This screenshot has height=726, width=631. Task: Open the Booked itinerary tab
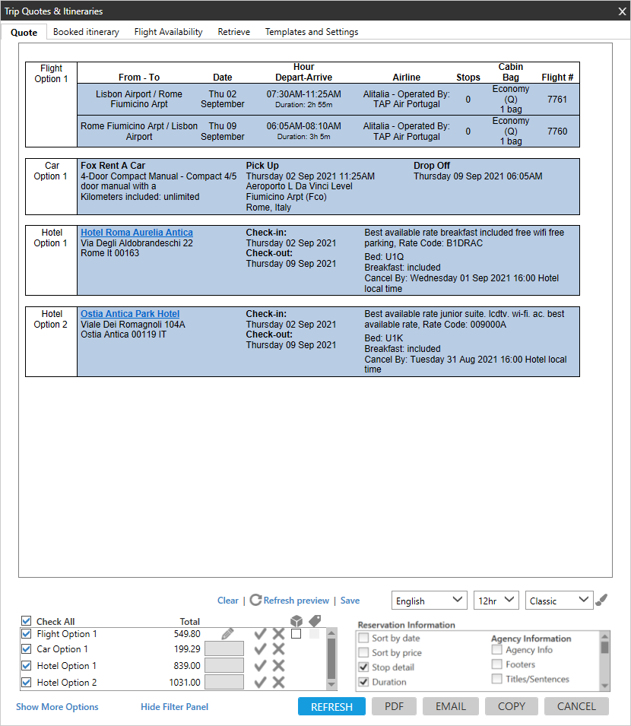pyautogui.click(x=86, y=32)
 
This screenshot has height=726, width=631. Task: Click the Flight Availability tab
pyautogui.click(x=168, y=32)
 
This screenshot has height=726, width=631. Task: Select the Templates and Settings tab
pyautogui.click(x=312, y=32)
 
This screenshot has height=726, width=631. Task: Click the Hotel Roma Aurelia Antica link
pyautogui.click(x=137, y=233)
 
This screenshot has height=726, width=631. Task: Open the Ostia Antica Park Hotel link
pyautogui.click(x=130, y=314)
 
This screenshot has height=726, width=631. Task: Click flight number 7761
pyautogui.click(x=557, y=100)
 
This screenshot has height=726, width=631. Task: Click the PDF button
pyautogui.click(x=394, y=706)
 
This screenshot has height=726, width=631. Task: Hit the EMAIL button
pyautogui.click(x=451, y=706)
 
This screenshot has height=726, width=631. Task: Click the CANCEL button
pyautogui.click(x=576, y=706)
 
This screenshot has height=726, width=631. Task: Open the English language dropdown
pyautogui.click(x=430, y=601)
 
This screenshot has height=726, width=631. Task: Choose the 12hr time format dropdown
pyautogui.click(x=496, y=601)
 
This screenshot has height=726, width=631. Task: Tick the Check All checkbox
pyautogui.click(x=27, y=621)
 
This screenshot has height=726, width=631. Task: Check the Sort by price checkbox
pyautogui.click(x=364, y=653)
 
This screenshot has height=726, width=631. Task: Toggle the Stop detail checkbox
pyautogui.click(x=364, y=667)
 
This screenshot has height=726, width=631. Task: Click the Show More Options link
pyautogui.click(x=57, y=707)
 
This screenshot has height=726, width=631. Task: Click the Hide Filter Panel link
pyautogui.click(x=174, y=707)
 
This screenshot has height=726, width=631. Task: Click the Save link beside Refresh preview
pyautogui.click(x=350, y=601)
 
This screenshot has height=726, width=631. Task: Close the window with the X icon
pyautogui.click(x=621, y=11)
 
